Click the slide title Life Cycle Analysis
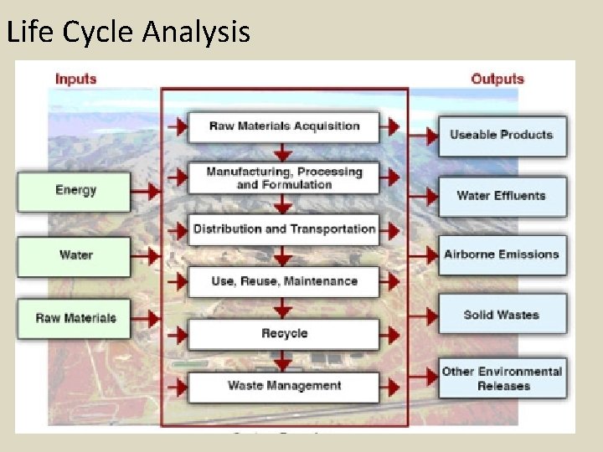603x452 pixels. [x=128, y=32]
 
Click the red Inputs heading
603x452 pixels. [x=76, y=80]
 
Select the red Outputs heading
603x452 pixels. [x=497, y=80]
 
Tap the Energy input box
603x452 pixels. [x=75, y=191]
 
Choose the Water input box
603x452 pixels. [x=75, y=255]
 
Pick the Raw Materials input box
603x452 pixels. [x=75, y=319]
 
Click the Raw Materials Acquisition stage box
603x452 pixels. [x=284, y=126]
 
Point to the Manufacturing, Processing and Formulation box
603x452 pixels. [x=284, y=177]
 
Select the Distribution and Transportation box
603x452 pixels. [x=284, y=229]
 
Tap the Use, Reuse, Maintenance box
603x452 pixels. [x=284, y=282]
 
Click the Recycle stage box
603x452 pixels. [x=284, y=334]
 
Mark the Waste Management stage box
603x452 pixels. [x=284, y=387]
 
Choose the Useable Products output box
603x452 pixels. [x=502, y=135]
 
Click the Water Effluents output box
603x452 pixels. [x=502, y=196]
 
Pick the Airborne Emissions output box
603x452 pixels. [x=502, y=254]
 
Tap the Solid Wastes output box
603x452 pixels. [x=502, y=316]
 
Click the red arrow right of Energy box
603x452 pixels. [x=147, y=191]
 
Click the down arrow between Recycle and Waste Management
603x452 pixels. [x=284, y=361]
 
